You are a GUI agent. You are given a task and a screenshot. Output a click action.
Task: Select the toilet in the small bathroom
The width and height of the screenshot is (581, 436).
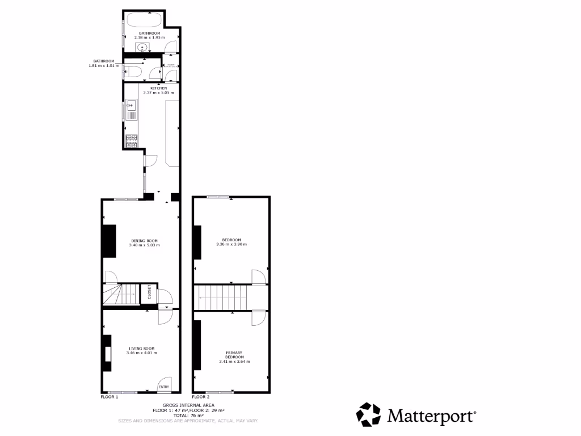133,72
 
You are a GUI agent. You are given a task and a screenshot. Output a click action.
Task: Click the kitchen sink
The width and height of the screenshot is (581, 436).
131,105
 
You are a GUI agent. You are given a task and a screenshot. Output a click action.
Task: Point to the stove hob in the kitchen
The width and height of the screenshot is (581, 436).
131,140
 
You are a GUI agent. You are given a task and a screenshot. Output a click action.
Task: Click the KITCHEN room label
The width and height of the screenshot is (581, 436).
158,88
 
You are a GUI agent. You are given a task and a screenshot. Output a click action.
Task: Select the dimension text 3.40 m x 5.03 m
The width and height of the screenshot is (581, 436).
144,245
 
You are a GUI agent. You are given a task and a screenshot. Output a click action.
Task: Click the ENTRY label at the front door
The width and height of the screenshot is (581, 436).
164,387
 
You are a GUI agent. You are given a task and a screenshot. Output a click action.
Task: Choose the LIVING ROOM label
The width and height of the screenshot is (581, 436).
142,349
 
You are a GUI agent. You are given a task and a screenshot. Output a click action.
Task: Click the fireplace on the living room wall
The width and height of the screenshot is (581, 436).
107,354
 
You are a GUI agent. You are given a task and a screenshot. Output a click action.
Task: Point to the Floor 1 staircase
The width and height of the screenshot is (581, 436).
121,295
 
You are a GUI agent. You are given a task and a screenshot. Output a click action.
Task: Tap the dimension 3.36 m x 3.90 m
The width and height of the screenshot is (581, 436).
231,245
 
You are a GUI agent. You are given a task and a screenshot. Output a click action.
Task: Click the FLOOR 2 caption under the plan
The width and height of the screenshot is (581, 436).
201,397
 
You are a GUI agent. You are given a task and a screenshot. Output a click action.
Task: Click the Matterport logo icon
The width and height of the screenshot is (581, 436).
369,415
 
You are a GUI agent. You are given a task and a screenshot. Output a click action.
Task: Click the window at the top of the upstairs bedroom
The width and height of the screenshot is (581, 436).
218,197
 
